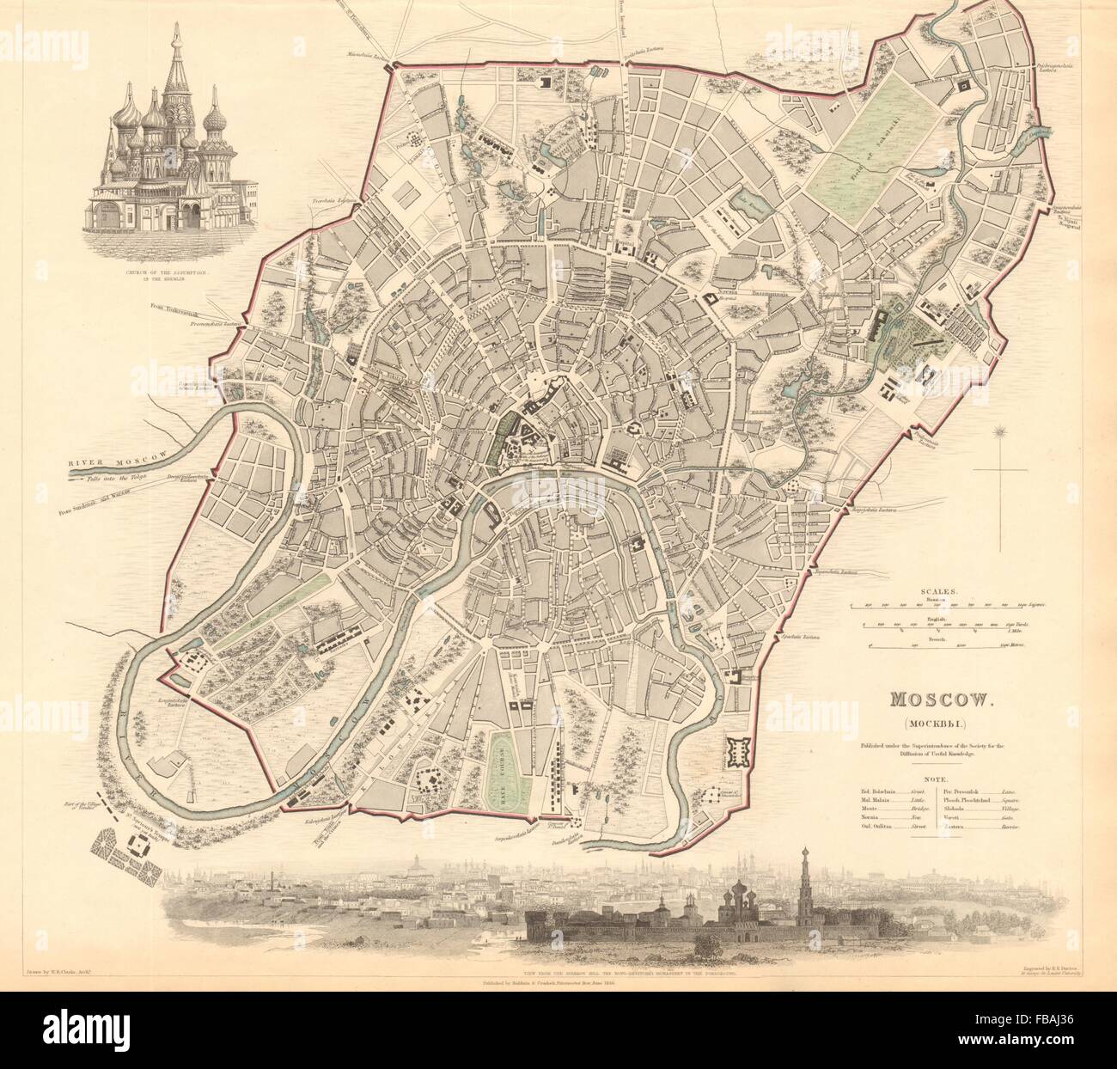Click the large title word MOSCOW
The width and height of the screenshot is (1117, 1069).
click(x=932, y=700)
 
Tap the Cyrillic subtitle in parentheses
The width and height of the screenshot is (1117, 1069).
click(x=932, y=724)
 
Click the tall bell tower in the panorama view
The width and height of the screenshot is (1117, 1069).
click(x=805, y=868)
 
